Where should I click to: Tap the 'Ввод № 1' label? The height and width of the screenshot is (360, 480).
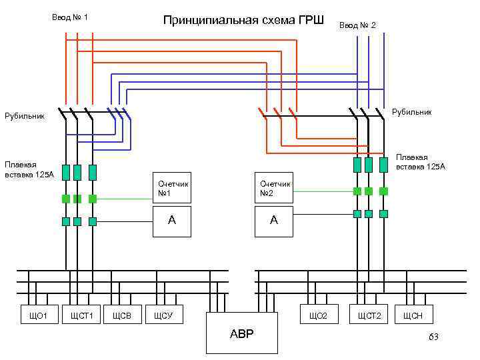coord(70,17)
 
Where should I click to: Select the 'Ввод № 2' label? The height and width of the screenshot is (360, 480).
coord(357,25)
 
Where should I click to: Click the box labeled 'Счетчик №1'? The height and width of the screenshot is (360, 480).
coord(173,188)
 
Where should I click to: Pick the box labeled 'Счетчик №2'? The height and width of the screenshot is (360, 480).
coord(274,188)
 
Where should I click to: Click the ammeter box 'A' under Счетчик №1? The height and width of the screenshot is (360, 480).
coord(173,221)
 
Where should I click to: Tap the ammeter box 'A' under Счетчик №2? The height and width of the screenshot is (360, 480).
coord(274,221)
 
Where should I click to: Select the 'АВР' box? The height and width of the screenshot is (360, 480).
coord(242,333)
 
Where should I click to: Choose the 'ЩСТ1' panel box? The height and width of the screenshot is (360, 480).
coord(81,315)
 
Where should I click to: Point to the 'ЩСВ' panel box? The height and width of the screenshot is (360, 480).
coord(121,315)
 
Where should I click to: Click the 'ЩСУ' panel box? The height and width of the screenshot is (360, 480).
coord(163,315)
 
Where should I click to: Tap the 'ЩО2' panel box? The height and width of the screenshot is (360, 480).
coord(319,315)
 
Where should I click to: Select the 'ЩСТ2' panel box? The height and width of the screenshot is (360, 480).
coord(369,315)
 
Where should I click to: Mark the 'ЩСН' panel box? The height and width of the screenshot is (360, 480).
coord(413,315)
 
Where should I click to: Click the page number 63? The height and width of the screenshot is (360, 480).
coord(433,338)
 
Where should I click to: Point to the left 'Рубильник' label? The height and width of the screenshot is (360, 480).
coord(25,117)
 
